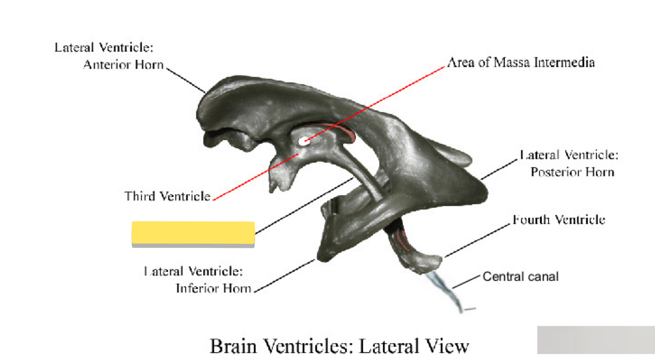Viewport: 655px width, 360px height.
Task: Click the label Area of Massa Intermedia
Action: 521,62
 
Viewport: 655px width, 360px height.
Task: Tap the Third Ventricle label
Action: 167,196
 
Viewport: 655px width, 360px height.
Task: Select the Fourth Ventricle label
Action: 559,220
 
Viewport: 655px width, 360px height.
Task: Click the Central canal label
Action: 520,277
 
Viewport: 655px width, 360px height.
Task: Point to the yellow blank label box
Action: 193,233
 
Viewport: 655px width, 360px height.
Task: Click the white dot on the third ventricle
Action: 303,141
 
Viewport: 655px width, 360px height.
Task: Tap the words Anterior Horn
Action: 123,64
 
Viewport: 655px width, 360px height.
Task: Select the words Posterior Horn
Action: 572,172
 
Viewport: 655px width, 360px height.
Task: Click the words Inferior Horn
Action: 213,288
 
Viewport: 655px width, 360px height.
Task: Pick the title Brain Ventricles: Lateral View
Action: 339,346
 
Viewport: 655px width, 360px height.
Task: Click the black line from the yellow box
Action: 302,207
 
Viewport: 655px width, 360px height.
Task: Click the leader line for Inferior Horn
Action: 285,275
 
